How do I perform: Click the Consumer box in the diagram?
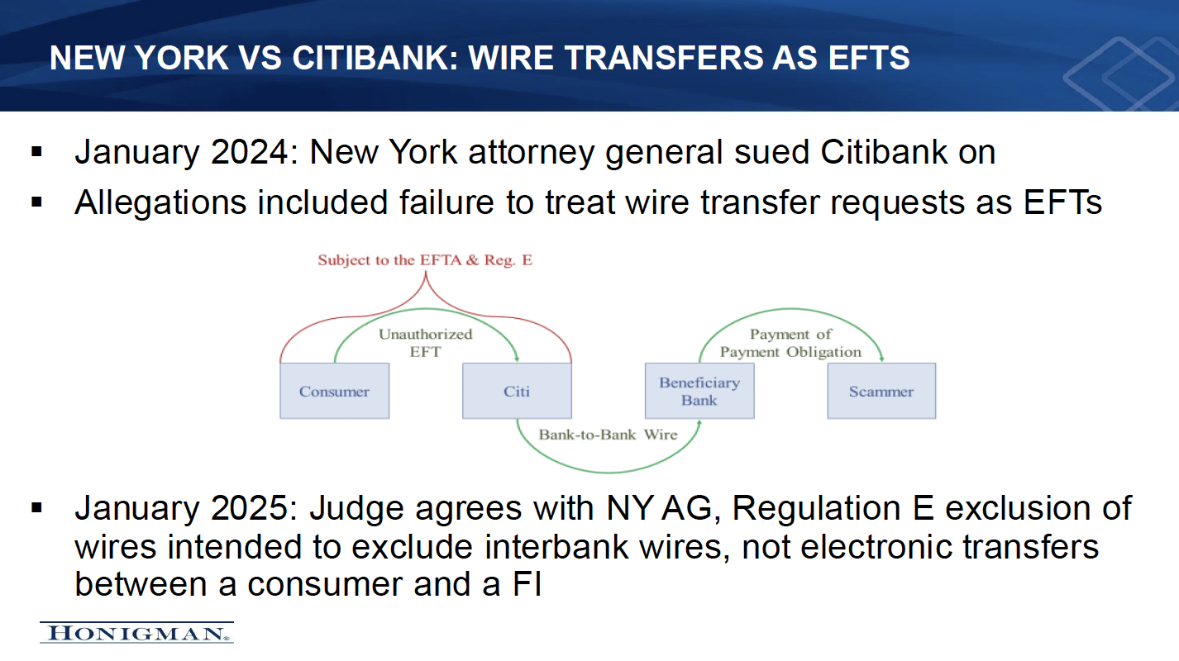pos(334,391)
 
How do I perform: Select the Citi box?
pos(517,391)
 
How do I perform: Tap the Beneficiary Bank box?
pos(699,391)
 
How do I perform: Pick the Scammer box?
pos(881,391)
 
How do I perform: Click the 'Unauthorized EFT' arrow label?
pos(425,343)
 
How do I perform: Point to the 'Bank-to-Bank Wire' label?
pos(608,435)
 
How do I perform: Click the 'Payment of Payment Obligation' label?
pos(790,343)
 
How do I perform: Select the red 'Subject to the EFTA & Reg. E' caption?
pos(425,259)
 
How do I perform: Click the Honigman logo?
pos(136,633)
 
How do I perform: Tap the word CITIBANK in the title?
pos(375,57)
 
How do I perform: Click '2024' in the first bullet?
pos(250,153)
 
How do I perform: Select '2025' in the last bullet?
pos(250,508)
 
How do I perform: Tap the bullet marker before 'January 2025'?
pos(36,508)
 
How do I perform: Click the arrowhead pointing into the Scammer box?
pos(881,359)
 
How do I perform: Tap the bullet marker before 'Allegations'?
pos(36,202)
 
